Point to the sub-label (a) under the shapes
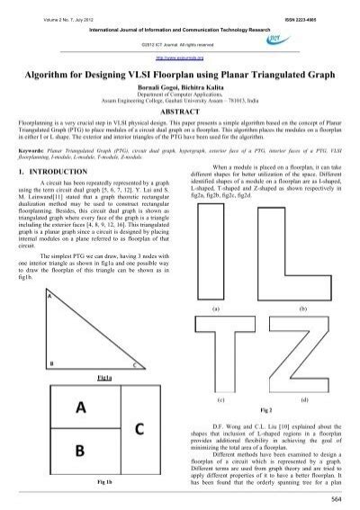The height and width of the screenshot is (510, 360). pyautogui.click(x=216, y=309)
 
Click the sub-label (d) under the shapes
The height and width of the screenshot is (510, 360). pyautogui.click(x=304, y=398)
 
